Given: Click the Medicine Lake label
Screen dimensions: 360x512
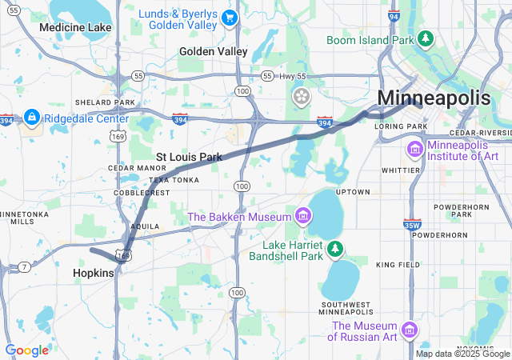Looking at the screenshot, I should pyautogui.click(x=75, y=27).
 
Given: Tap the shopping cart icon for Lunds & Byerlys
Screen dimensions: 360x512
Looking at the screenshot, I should pyautogui.click(x=230, y=17).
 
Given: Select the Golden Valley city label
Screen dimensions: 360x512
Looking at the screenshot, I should pyautogui.click(x=214, y=51).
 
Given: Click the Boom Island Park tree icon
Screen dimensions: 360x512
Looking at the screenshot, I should pyautogui.click(x=426, y=38).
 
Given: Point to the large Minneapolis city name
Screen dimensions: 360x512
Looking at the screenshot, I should pyautogui.click(x=434, y=98).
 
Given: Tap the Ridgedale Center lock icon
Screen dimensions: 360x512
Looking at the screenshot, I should pyautogui.click(x=32, y=118).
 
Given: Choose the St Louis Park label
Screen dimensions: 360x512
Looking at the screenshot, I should pyautogui.click(x=189, y=157).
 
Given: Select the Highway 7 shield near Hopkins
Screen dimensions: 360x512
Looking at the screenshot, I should pyautogui.click(x=26, y=266).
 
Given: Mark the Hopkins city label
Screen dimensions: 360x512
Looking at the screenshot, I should pyautogui.click(x=94, y=272).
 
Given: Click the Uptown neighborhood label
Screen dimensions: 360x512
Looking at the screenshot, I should pyautogui.click(x=353, y=192).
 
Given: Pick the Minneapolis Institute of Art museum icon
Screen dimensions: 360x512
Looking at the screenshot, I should pyautogui.click(x=414, y=150).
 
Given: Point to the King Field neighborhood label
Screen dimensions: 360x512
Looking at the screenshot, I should pyautogui.click(x=397, y=265).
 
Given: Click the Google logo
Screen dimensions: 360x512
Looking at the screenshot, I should pyautogui.click(x=26, y=350).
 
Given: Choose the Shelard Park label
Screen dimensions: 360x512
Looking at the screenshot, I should pyautogui.click(x=105, y=102).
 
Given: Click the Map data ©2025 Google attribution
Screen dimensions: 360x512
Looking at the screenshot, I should pyautogui.click(x=462, y=354).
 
